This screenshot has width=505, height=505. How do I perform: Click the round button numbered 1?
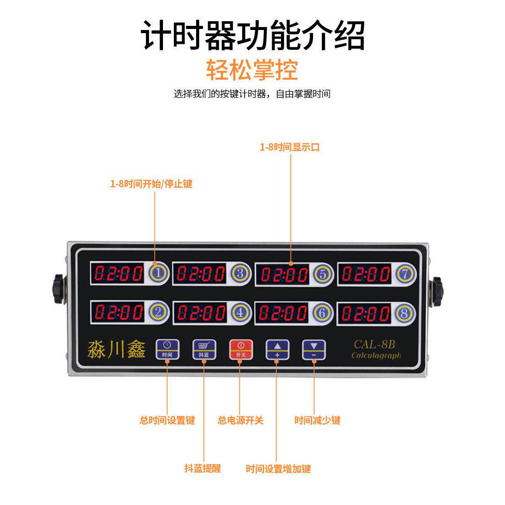[159, 272]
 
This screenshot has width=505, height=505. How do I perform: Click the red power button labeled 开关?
[240, 349]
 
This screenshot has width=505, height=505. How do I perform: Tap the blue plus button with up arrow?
[277, 349]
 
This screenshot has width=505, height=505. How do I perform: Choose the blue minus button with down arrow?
[314, 349]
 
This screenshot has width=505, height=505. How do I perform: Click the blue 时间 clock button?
[167, 349]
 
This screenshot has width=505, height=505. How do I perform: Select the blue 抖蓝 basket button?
[203, 349]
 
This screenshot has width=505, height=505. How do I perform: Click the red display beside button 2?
[118, 312]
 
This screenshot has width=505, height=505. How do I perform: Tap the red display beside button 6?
[283, 313]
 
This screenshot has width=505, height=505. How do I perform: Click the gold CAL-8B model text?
[375, 344]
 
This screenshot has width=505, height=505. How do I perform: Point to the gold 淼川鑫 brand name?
[116, 349]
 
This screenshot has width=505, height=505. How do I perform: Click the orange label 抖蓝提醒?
[203, 468]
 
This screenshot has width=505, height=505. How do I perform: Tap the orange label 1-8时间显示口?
[290, 147]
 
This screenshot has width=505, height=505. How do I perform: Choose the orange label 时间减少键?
[317, 420]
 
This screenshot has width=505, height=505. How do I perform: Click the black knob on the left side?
[57, 290]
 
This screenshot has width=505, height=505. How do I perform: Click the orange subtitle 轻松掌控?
[252, 70]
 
